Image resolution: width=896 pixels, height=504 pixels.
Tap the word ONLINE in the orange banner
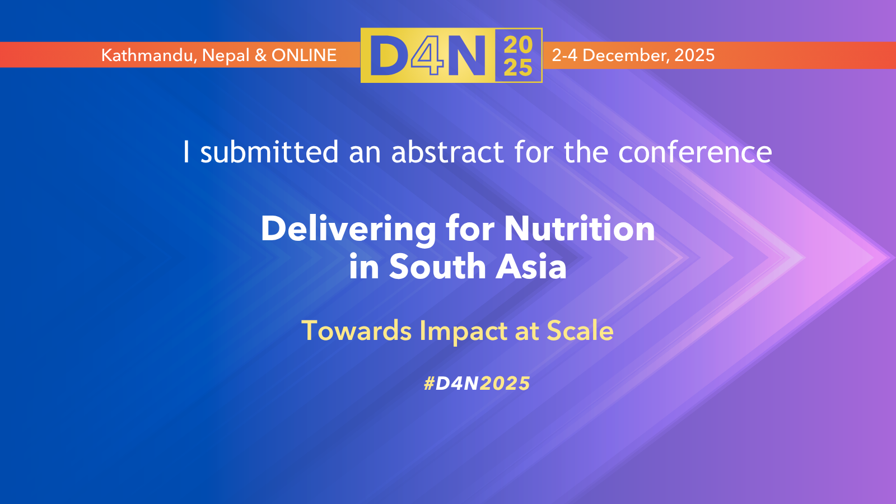(304, 55)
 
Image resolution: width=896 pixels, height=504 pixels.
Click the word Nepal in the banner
(226, 56)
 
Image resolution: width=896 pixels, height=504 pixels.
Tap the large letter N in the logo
(467, 55)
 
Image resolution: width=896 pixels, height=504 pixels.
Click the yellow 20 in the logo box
(518, 44)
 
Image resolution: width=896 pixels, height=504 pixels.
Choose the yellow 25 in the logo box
(518, 67)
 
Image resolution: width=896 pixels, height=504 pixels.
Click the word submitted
(269, 152)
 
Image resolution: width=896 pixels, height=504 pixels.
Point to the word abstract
(447, 152)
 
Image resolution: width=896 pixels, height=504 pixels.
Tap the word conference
(695, 152)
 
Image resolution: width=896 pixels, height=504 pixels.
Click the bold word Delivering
(348, 229)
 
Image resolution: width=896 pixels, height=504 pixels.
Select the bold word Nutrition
(579, 228)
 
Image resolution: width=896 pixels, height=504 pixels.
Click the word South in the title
(437, 266)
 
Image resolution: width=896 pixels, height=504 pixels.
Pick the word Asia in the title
(531, 266)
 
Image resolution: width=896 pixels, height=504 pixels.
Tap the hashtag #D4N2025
(477, 384)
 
